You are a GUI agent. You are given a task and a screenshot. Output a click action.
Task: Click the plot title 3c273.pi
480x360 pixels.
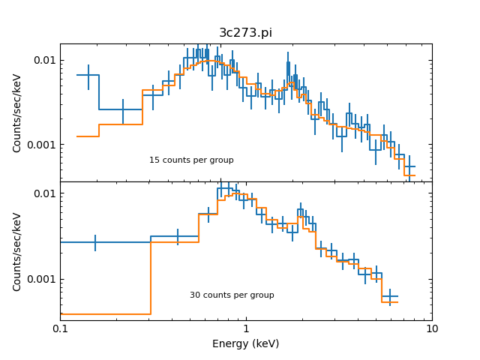245,33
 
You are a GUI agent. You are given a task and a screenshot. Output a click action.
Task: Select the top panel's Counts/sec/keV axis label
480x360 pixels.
17,112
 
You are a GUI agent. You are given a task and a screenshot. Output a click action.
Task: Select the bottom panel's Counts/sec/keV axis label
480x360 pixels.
17,251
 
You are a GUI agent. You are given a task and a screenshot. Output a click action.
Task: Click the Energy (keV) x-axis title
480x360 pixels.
245,343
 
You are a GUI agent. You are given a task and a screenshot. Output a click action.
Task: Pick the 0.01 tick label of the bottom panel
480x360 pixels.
42,193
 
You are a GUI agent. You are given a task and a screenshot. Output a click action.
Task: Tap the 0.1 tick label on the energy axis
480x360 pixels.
60,329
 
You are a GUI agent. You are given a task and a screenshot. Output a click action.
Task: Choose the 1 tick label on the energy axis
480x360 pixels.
246,329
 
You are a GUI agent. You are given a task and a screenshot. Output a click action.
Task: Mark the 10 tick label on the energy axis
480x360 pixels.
431,329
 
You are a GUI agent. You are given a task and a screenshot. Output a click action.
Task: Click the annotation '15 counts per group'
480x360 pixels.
191,160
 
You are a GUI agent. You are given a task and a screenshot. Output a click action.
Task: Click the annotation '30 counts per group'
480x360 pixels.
232,295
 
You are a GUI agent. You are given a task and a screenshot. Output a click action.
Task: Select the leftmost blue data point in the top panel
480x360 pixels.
88,75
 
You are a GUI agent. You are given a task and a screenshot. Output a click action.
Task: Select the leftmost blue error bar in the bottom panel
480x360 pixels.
95,242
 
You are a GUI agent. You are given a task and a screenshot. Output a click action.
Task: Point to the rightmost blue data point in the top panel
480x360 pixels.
409,166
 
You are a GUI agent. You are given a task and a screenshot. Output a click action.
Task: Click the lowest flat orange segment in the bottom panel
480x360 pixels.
105,314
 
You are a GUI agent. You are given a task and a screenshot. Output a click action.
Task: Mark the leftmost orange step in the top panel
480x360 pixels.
88,136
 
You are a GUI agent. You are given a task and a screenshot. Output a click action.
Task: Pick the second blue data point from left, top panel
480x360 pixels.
123,109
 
